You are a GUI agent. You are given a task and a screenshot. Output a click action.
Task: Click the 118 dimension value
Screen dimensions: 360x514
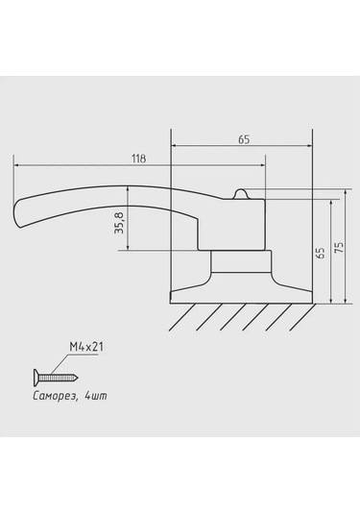click(x=138, y=159)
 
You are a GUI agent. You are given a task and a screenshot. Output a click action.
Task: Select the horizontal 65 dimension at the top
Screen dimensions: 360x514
click(x=244, y=139)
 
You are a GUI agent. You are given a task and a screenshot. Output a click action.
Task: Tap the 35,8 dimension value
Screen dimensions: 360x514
click(x=120, y=223)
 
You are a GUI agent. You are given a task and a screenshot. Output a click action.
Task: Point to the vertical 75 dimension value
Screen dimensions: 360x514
click(x=340, y=248)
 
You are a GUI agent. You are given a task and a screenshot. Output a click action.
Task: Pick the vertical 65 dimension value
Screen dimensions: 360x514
click(x=322, y=253)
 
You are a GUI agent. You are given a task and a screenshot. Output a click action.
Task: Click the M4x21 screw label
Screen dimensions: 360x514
click(x=86, y=347)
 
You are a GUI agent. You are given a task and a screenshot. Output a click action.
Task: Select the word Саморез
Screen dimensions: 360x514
click(x=55, y=396)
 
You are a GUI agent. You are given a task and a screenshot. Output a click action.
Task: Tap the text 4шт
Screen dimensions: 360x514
click(x=96, y=396)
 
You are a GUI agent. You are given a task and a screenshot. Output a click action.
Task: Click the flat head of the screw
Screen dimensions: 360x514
click(x=36, y=378)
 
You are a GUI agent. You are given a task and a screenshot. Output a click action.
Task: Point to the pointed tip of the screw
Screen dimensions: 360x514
click(x=78, y=378)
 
